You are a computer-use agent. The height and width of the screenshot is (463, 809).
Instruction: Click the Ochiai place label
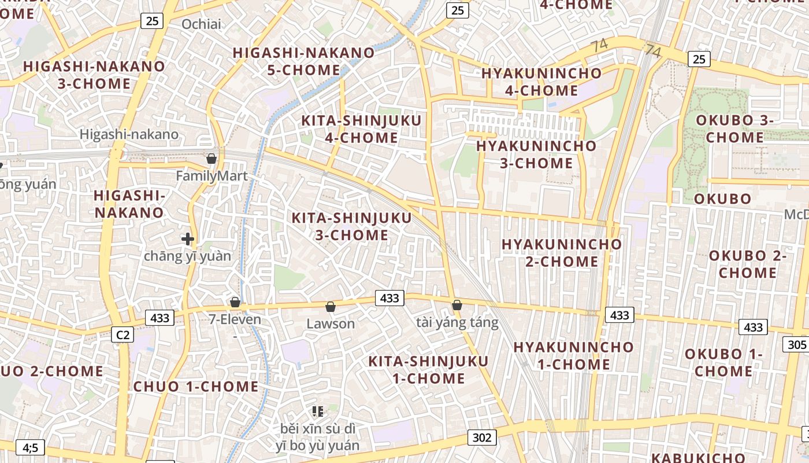(x=201, y=24)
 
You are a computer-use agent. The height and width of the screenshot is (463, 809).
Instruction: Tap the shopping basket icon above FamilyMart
(x=211, y=158)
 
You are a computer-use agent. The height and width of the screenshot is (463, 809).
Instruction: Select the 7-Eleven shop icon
(x=235, y=302)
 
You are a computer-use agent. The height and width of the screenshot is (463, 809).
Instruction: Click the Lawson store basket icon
(x=331, y=306)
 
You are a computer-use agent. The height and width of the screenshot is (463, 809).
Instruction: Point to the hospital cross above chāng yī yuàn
(x=187, y=238)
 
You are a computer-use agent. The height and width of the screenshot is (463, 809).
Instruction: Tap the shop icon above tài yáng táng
(x=457, y=304)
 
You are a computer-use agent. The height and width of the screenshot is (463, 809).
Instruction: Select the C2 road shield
(x=123, y=335)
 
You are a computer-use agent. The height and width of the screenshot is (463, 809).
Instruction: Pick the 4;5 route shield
(x=30, y=447)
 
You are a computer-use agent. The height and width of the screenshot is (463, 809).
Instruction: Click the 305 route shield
(x=796, y=345)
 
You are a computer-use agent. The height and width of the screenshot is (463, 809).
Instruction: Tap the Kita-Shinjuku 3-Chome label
(x=351, y=226)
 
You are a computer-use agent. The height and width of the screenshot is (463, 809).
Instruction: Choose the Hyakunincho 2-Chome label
(x=562, y=252)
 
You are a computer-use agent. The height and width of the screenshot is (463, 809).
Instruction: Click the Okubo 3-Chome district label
(x=734, y=128)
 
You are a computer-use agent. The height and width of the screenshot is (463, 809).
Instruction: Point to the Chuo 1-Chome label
(x=196, y=386)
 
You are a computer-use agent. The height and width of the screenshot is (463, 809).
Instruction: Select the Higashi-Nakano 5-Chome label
(x=304, y=61)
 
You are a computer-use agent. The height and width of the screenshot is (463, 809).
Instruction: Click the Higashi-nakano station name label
(x=129, y=134)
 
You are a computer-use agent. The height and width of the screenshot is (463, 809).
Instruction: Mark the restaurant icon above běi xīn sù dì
(x=317, y=411)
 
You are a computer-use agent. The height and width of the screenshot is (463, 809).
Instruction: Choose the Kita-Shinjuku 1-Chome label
(x=429, y=369)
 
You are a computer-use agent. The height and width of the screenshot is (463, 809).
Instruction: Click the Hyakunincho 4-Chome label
(x=541, y=82)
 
